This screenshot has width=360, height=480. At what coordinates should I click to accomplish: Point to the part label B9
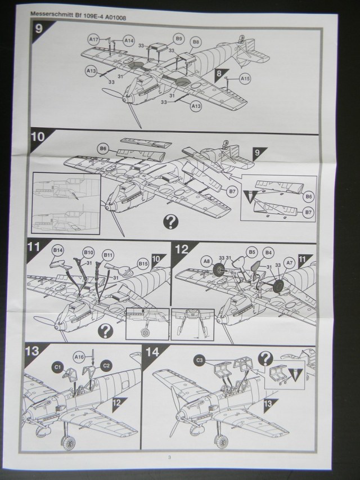coord(179,39)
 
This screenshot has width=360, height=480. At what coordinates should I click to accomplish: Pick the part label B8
coord(196,42)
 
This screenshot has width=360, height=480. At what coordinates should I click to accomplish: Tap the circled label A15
coord(245,78)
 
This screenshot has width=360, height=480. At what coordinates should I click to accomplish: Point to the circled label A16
coord(79,355)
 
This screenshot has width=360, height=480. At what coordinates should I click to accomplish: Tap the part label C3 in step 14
coord(200,360)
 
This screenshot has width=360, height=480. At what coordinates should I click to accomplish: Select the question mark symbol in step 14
coord(267,357)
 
